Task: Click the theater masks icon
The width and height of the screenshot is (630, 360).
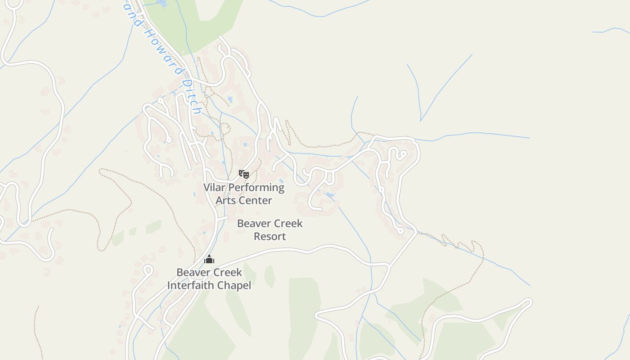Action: pyautogui.click(x=243, y=174)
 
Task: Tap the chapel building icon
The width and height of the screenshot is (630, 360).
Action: pyautogui.click(x=209, y=259)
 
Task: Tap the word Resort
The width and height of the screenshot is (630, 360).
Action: pyautogui.click(x=270, y=236)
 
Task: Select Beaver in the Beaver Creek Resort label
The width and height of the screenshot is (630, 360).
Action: pyautogui.click(x=253, y=223)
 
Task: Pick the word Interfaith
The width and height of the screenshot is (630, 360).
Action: pyautogui.click(x=191, y=285)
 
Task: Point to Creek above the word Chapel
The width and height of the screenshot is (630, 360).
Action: pyautogui.click(x=227, y=272)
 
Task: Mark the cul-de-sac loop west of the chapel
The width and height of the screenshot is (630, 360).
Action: pyautogui.click(x=148, y=270)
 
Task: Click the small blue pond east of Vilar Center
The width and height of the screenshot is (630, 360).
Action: pyautogui.click(x=329, y=194)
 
